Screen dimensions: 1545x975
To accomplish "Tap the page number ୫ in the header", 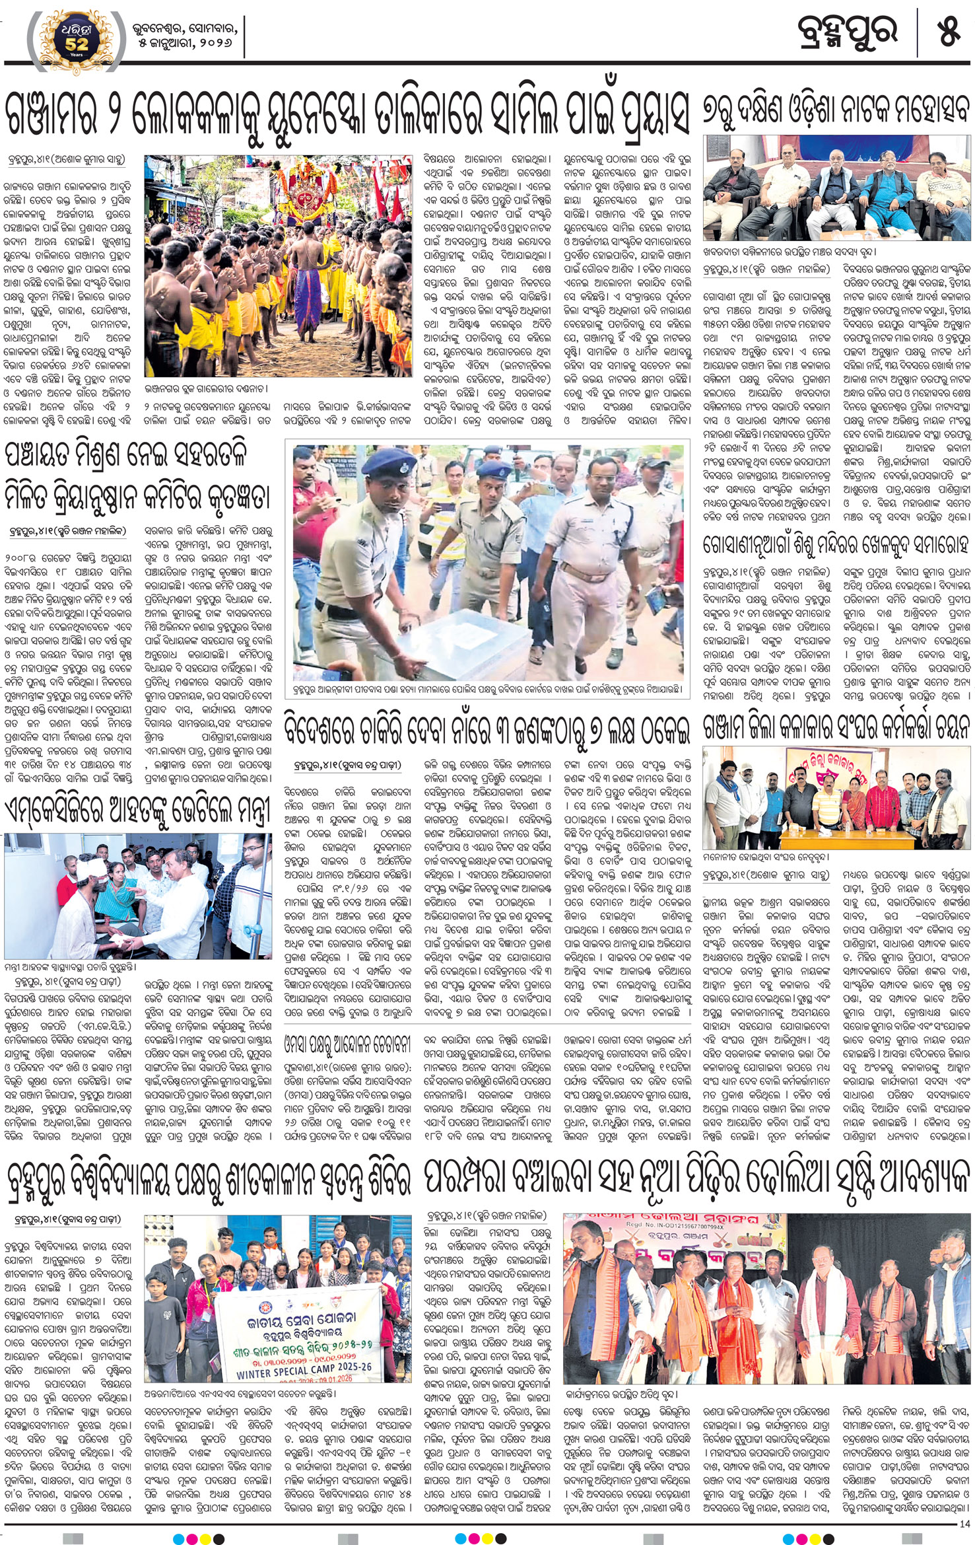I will (948, 32).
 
